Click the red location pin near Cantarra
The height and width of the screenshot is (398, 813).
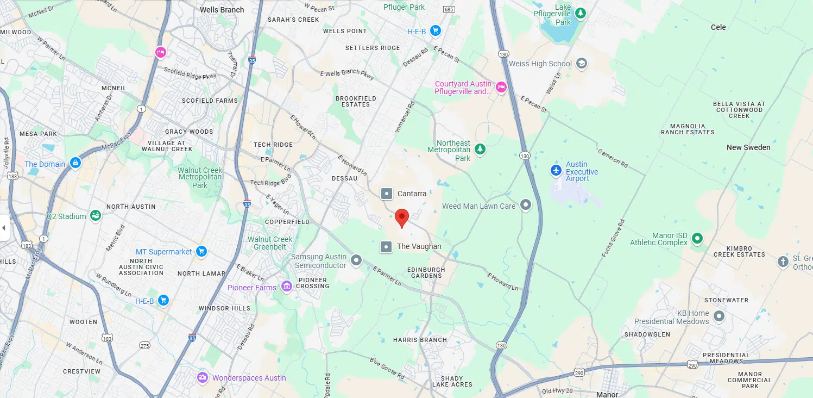(x=401, y=217)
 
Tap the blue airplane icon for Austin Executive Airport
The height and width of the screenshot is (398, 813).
(x=556, y=171)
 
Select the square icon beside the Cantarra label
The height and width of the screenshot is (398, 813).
(x=386, y=194)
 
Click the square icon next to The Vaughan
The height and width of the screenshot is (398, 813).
(x=386, y=247)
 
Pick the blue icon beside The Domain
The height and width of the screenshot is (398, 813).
(x=75, y=163)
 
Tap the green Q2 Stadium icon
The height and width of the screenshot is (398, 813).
(x=96, y=216)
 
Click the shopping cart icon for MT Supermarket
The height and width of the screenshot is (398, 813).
(x=201, y=251)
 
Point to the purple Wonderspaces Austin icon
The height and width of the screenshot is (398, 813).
(x=203, y=377)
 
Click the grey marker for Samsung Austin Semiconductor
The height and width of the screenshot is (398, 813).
(x=356, y=260)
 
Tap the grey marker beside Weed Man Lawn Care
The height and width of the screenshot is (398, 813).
(x=525, y=205)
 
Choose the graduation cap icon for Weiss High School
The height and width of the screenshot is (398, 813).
(x=582, y=64)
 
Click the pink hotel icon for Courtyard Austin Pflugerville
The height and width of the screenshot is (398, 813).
(x=501, y=87)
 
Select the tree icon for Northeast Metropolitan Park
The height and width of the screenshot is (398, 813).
(x=480, y=148)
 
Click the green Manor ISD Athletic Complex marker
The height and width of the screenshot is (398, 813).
(x=697, y=238)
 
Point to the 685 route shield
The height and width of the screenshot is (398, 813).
(x=449, y=9)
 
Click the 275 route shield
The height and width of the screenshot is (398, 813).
(x=144, y=346)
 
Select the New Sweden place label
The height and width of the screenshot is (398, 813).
(x=748, y=147)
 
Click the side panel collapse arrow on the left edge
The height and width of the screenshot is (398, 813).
(x=4, y=227)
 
